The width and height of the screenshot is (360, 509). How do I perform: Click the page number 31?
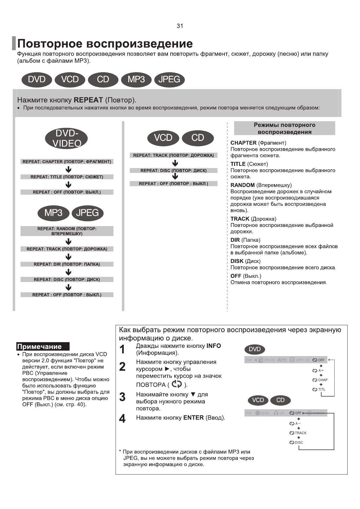coord(180,26)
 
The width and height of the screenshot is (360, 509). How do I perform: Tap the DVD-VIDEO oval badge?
coord(67,139)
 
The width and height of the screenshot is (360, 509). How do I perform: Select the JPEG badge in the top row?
coord(169,79)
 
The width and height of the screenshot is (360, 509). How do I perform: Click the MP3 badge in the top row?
coord(136,79)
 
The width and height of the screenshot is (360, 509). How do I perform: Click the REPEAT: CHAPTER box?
coord(67,162)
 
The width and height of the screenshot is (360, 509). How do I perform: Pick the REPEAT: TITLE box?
coord(67,177)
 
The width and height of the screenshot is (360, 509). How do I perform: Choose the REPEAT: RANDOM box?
coord(67,231)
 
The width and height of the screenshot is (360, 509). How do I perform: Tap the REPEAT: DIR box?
coord(67,264)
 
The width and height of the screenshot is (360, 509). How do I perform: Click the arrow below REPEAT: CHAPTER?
coord(69,169)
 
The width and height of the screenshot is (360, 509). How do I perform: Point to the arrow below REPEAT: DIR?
coord(69,272)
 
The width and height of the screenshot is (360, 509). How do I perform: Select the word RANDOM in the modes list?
coord(242,185)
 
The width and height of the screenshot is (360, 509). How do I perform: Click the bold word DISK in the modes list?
coord(237,261)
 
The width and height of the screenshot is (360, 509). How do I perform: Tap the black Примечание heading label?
coord(43,347)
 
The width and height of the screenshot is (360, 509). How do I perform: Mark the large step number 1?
coord(122,350)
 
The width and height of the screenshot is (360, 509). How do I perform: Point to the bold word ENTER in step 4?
coord(193,418)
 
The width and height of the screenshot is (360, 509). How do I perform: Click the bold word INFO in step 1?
coord(214,346)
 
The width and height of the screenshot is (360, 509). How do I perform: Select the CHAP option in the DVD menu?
coord(322,380)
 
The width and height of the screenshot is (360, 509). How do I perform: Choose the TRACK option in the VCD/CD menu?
coord(300,433)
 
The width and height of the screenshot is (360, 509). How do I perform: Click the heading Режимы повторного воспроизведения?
coord(284,128)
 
